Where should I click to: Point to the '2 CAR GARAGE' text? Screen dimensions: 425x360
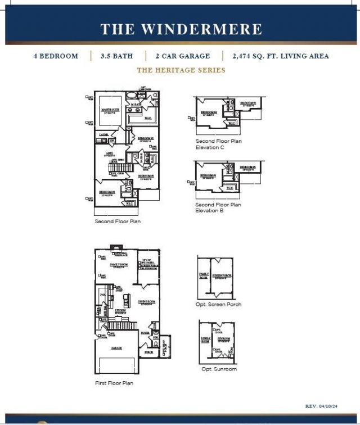click(x=183, y=56)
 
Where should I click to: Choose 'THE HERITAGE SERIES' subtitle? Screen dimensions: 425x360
click(x=181, y=70)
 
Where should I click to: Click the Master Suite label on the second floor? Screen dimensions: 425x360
click(x=110, y=110)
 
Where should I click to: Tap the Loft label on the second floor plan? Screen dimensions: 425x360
click(x=111, y=153)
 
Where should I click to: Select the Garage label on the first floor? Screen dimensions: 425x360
click(x=116, y=348)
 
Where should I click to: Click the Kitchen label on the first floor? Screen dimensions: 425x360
click(x=120, y=311)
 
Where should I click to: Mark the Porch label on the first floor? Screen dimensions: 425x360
click(x=149, y=352)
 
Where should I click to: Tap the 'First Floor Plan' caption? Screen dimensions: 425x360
click(x=114, y=383)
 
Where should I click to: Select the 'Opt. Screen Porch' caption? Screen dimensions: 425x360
click(x=219, y=304)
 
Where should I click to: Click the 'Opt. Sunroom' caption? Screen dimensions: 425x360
click(x=219, y=369)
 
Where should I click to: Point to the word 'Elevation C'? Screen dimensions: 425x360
click(x=210, y=147)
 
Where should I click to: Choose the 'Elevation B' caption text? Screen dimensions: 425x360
click(x=210, y=211)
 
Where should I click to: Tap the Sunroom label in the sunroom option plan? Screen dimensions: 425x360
click(x=223, y=339)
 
